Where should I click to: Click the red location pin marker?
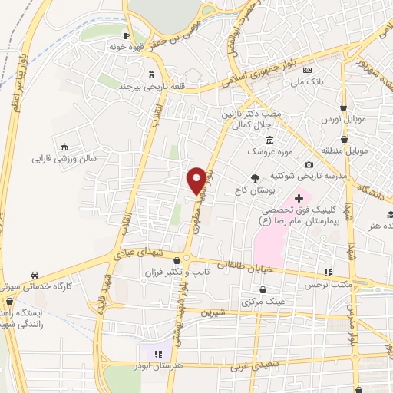[197, 180]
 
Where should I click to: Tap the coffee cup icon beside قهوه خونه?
[127, 35]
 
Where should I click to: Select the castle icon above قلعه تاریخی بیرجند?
[150, 74]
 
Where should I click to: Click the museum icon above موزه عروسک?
[269, 140]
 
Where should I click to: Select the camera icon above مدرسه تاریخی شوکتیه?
[309, 164]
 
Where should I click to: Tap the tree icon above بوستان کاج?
[255, 177]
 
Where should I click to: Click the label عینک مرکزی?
[263, 302]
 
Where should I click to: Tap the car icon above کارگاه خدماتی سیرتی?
[35, 274]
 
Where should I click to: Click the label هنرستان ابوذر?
[160, 366]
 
